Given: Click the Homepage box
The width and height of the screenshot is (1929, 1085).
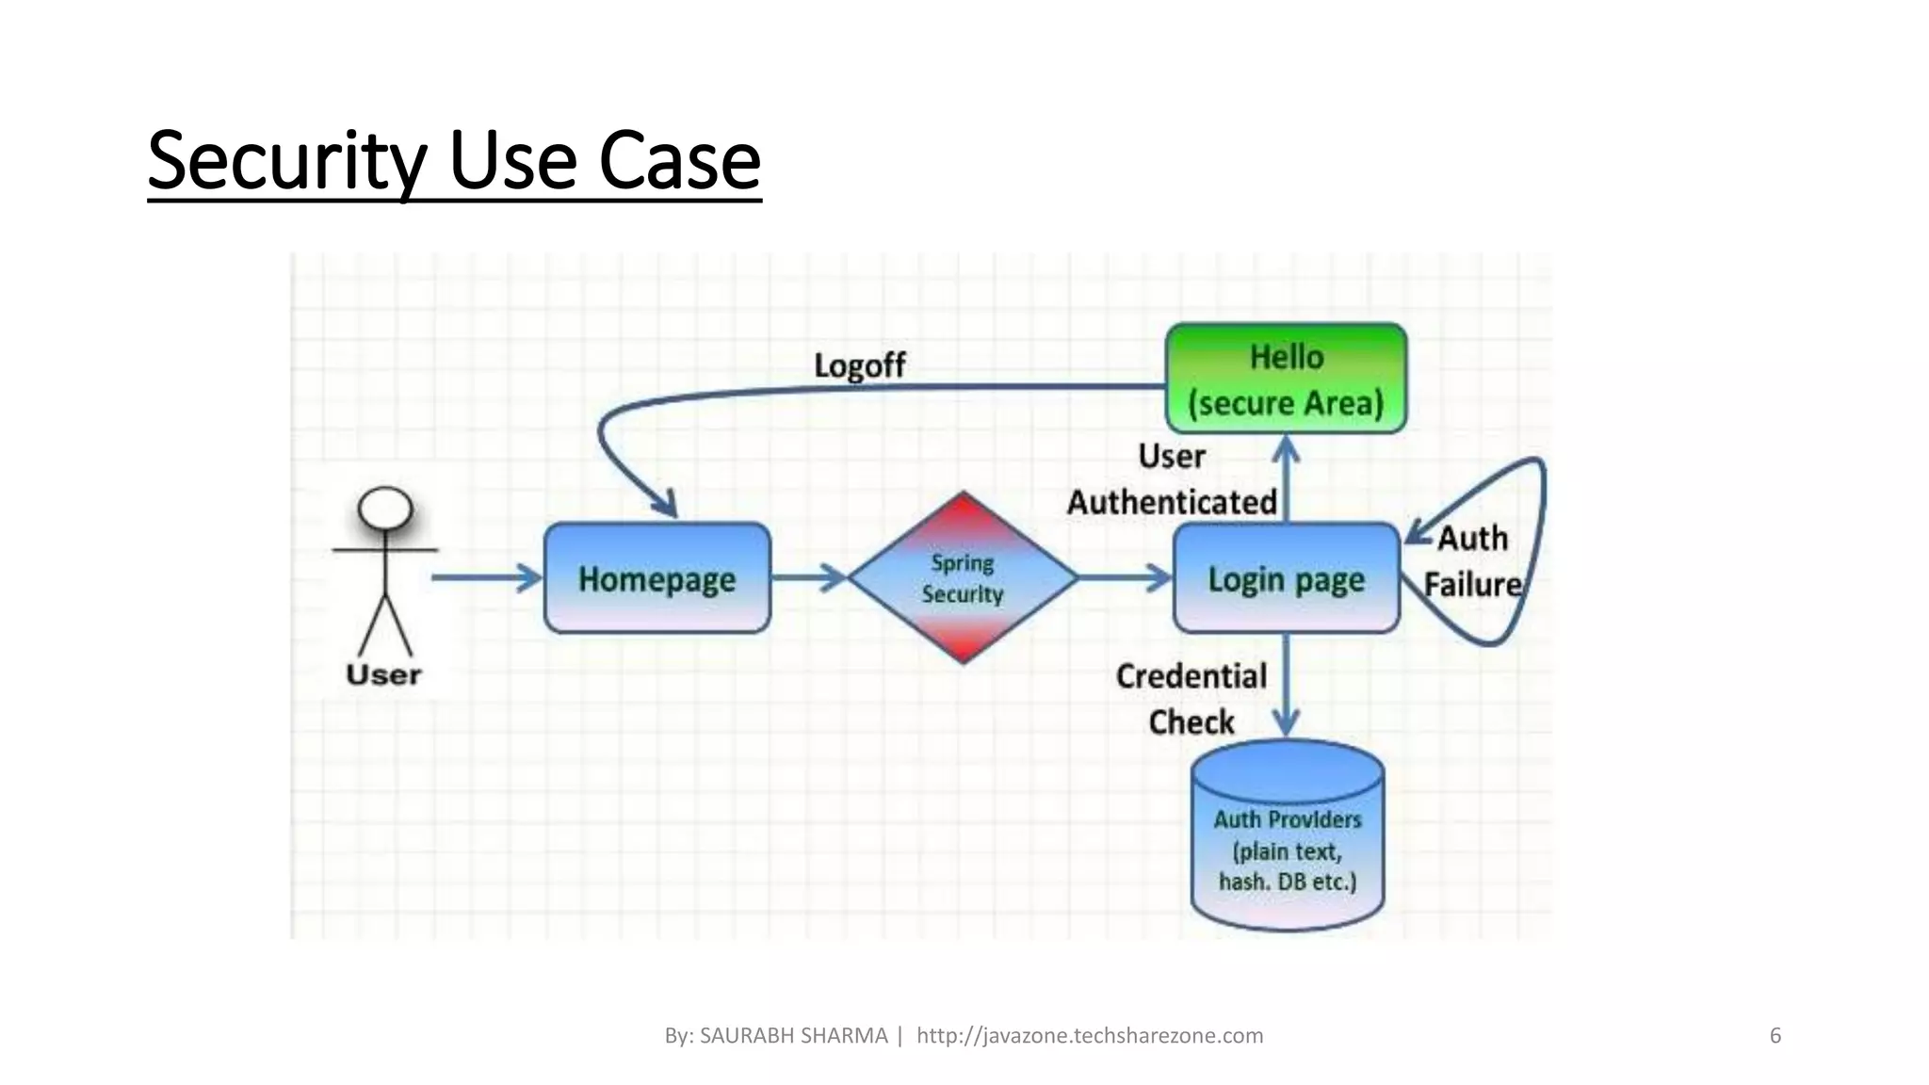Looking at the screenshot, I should (657, 578).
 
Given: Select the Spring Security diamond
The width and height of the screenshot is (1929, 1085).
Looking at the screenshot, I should (962, 577).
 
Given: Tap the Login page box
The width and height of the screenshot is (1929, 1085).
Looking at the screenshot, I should (1286, 578).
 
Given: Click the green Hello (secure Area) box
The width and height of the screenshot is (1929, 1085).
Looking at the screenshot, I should (1286, 379).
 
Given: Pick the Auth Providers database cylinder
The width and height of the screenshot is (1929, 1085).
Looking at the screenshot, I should (1287, 838).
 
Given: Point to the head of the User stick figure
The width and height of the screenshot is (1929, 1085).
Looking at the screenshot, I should (385, 510).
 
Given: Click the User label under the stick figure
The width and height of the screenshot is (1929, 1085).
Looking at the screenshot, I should (383, 674).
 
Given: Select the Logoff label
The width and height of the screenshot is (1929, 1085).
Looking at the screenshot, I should (859, 365).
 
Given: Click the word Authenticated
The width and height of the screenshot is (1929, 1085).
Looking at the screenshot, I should (1172, 502).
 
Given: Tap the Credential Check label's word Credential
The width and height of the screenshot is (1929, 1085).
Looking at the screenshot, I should (1191, 676).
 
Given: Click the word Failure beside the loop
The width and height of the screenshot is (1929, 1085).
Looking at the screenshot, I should (1472, 585).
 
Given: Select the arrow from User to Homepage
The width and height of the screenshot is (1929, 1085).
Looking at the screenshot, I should (486, 577).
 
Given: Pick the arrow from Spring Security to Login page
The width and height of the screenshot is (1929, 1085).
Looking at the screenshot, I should (1126, 577).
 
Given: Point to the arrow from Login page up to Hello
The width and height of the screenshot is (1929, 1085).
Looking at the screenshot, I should (1287, 480).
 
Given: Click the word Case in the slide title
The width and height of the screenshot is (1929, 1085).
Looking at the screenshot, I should (679, 160).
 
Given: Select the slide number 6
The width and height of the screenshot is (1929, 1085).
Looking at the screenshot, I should (1775, 1036).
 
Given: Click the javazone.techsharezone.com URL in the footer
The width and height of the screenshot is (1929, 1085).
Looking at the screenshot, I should (1090, 1036).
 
